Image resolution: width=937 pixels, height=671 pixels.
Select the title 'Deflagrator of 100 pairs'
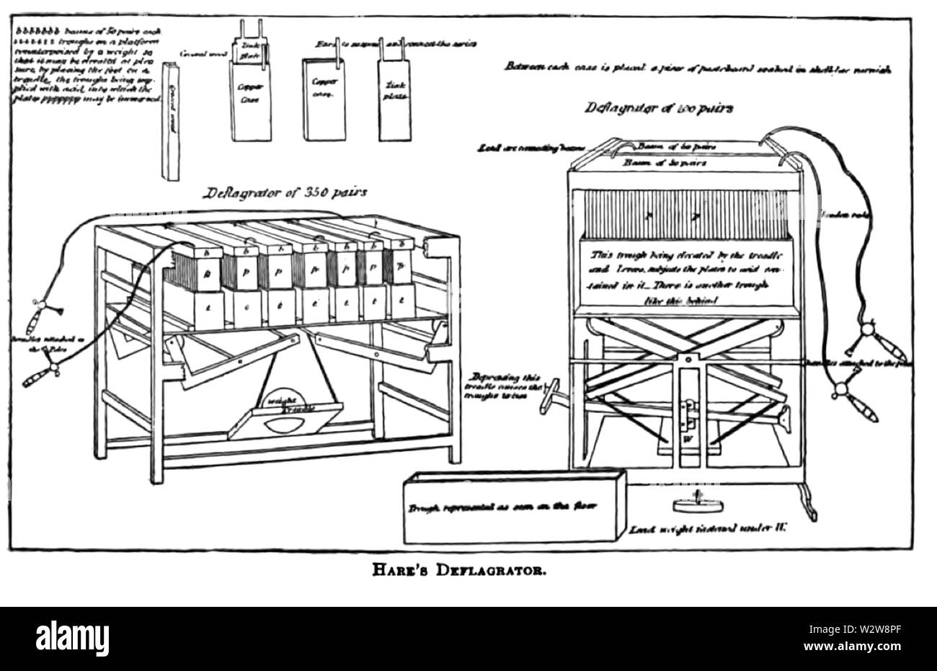659,109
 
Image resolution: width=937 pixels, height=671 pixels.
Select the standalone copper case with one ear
320,97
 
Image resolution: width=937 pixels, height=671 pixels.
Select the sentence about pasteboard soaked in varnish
699,68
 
